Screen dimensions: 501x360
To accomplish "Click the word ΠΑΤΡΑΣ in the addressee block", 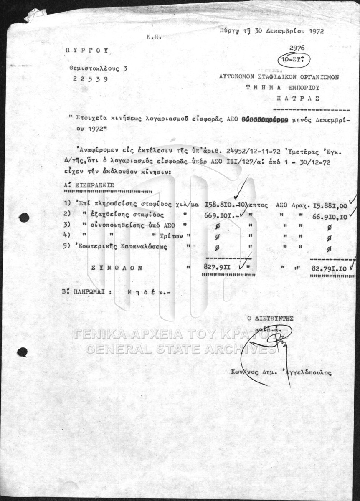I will tap(298, 99).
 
